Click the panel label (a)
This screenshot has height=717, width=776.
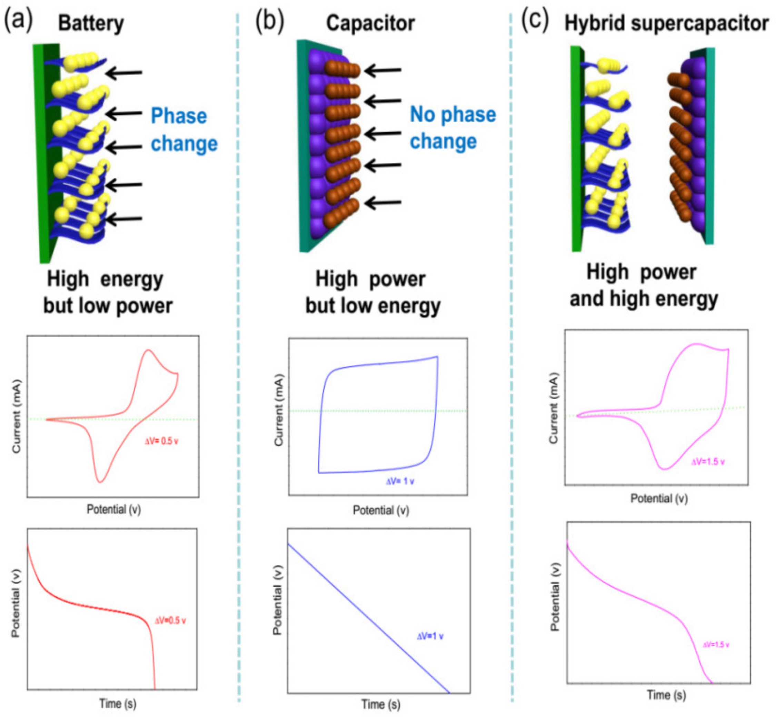pos(18,20)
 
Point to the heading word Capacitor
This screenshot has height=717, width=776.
pos(370,23)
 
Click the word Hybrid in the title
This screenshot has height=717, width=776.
pos(595,23)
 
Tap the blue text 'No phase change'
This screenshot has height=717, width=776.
pos(452,128)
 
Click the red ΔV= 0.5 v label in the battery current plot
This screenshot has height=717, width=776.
pos(161,441)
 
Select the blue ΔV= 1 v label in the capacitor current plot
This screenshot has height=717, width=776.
pos(400,482)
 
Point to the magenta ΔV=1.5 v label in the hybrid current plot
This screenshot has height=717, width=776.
pos(708,462)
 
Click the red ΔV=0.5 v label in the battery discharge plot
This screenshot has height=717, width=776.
pos(170,621)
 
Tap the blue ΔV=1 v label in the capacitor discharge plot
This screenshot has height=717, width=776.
pos(430,636)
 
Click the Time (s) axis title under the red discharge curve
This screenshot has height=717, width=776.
pos(118,702)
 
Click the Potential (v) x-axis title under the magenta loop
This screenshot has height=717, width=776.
pos(659,498)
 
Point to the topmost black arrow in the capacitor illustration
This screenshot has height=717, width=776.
pos(382,71)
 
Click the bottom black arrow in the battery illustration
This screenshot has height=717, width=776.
pos(124,219)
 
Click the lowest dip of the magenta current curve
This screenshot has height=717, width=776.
pos(665,469)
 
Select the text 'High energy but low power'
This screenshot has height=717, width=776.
pos(108,293)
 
